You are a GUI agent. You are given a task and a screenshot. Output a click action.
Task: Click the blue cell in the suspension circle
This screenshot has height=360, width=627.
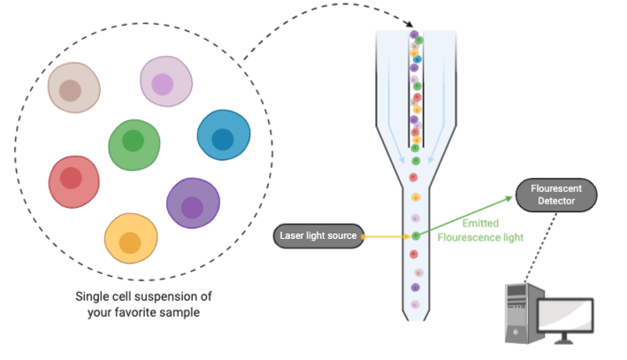click(223, 135)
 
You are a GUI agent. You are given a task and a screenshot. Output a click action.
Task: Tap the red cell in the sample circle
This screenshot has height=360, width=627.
click(73, 180)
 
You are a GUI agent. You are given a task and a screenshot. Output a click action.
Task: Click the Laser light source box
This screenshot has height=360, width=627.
click(318, 235)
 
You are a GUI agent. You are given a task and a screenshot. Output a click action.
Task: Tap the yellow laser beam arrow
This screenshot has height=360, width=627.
click(386, 236)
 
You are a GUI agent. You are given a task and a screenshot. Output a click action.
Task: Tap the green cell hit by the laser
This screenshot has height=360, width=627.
click(416, 236)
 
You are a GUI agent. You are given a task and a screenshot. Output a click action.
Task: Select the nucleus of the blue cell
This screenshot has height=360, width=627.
click(223, 139)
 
